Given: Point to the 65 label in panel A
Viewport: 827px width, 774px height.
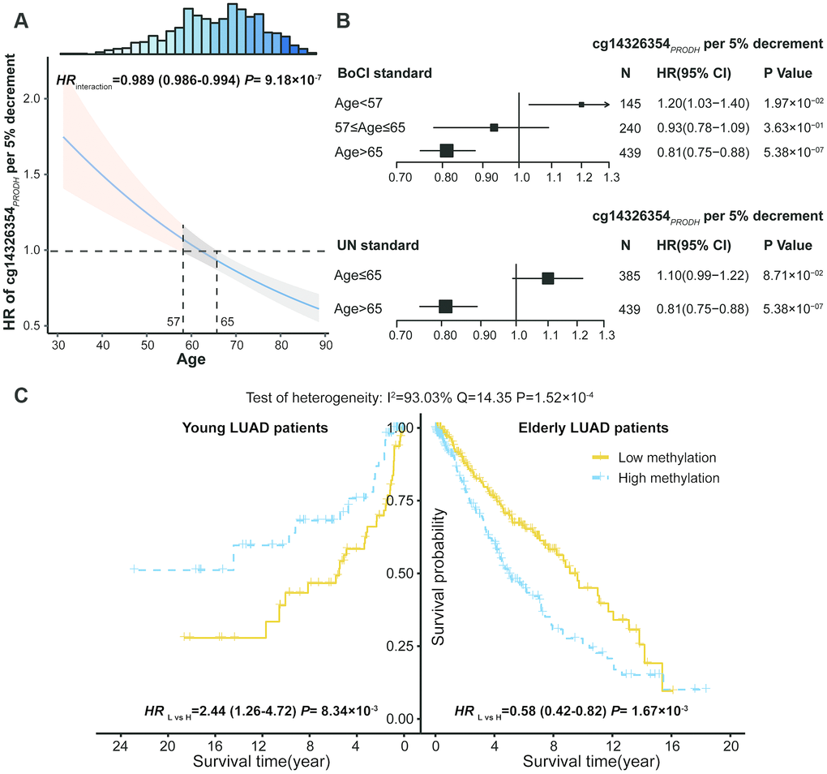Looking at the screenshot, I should point(227,322).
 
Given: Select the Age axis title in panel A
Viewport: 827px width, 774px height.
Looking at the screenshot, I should point(191,362).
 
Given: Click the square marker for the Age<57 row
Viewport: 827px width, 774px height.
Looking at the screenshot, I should point(581,105).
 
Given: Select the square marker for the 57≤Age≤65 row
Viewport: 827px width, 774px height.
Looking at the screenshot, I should point(494,127).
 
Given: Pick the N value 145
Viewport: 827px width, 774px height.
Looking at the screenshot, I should point(628,105).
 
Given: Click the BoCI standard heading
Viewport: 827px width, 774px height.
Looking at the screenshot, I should point(383,74).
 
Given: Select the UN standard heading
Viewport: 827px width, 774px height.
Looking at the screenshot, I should point(377,245).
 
